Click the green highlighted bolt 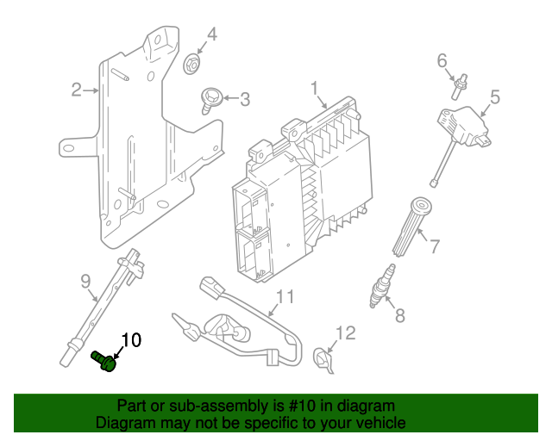[x=104, y=361]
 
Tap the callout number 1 [x=315, y=88]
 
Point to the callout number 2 [x=76, y=90]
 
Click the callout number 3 [x=245, y=99]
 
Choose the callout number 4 [x=211, y=35]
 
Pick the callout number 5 [x=495, y=97]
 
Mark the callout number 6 [x=442, y=60]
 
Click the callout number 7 [x=434, y=246]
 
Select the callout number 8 [x=399, y=315]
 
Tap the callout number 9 [x=85, y=280]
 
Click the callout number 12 [x=345, y=332]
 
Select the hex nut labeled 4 [x=192, y=63]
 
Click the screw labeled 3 [x=210, y=98]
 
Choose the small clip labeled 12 [x=323, y=358]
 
